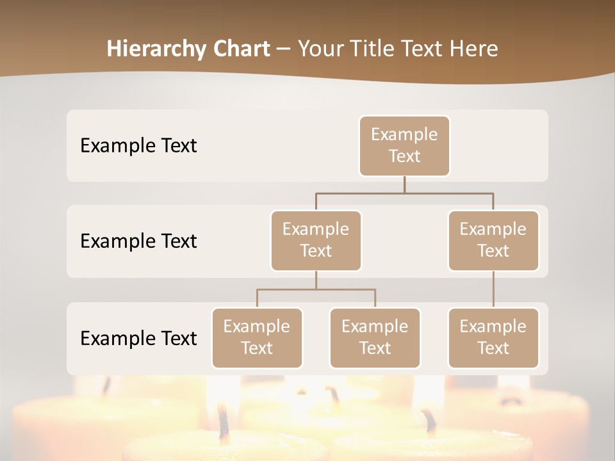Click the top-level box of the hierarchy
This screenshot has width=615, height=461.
tap(404, 145)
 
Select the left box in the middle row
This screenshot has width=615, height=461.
tap(316, 240)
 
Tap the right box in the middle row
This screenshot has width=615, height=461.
tap(493, 240)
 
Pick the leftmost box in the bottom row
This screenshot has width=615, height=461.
tap(257, 337)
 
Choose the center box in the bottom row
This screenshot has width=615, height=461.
tap(375, 337)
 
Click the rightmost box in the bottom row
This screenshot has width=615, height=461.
tap(493, 337)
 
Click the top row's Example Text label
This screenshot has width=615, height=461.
tap(138, 145)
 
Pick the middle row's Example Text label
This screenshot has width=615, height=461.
tap(138, 241)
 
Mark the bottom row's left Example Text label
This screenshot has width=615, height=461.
tap(138, 338)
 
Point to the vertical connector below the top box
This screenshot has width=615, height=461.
tap(404, 184)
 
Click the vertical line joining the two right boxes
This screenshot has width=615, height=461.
tap(493, 289)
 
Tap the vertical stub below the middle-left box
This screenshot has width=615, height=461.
tap(316, 280)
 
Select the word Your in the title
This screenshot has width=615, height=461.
tap(318, 49)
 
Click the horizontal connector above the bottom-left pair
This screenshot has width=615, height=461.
tap(316, 289)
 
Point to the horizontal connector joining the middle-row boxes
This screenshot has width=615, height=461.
tap(404, 193)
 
